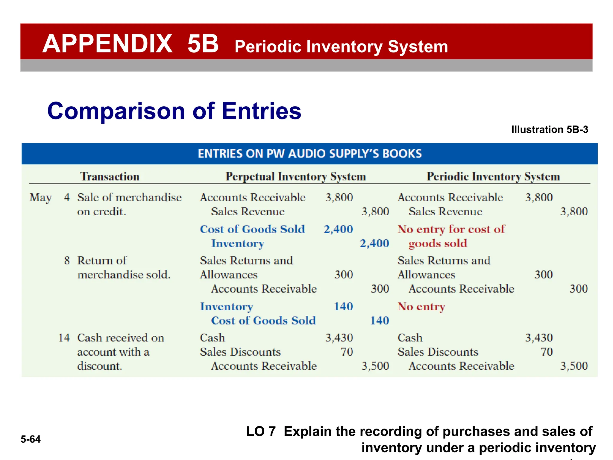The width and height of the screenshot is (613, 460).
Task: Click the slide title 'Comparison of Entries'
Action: tap(174, 111)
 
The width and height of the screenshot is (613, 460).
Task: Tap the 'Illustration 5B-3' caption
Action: tap(550, 129)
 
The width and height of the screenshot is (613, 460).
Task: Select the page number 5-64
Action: tap(31, 439)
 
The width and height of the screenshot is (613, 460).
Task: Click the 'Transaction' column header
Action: tap(110, 176)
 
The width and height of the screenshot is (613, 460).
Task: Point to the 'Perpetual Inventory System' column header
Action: tap(296, 176)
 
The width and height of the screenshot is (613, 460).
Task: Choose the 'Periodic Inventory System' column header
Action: tap(493, 176)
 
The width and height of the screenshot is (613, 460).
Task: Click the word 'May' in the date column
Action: tap(41, 198)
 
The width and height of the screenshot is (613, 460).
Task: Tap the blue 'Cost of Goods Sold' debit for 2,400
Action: tap(252, 229)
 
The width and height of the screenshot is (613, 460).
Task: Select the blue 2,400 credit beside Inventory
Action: tap(374, 243)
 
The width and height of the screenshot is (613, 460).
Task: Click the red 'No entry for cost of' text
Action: tap(451, 229)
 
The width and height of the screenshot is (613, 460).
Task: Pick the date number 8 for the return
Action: tap(67, 261)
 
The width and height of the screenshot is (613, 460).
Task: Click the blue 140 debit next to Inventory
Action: tap(343, 306)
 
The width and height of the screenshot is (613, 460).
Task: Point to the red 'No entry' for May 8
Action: tap(421, 306)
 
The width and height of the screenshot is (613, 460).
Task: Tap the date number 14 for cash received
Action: tap(64, 338)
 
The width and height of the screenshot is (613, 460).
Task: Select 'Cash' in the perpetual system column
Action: tap(212, 338)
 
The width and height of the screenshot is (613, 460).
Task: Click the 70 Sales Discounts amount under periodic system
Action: tap(547, 352)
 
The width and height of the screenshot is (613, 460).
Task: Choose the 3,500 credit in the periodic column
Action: tap(574, 366)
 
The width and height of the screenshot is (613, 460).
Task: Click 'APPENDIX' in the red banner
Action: tap(107, 44)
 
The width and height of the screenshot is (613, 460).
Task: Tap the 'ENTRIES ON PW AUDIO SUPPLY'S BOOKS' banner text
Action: tap(310, 154)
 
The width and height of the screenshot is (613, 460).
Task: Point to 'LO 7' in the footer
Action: tap(261, 432)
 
